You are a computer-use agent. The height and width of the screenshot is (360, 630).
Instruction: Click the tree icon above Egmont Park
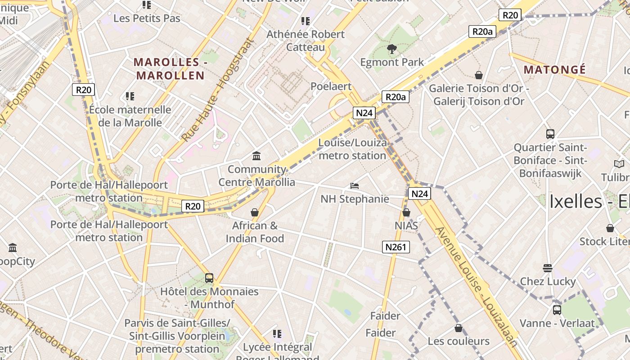click(x=392, y=49)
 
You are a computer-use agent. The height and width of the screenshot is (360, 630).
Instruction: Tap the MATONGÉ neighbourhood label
click(x=555, y=70)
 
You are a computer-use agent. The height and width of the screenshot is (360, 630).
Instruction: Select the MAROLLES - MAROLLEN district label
click(x=170, y=69)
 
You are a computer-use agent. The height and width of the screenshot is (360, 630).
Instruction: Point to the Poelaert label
click(x=331, y=86)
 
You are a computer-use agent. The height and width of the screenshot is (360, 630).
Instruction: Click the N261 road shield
click(x=396, y=247)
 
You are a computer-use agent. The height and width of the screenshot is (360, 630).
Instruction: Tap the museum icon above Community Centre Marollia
click(x=256, y=156)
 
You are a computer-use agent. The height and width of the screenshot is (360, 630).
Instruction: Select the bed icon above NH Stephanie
click(x=355, y=185)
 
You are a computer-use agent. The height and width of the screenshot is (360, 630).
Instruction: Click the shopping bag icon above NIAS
click(x=406, y=212)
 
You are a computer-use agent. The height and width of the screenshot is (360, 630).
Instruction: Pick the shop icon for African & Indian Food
click(x=255, y=212)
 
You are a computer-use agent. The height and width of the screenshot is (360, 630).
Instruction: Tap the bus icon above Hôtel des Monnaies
click(x=209, y=278)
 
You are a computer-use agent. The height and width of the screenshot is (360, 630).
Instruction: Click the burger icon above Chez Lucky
click(x=548, y=268)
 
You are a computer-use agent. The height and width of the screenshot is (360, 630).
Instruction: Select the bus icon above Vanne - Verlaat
click(x=557, y=310)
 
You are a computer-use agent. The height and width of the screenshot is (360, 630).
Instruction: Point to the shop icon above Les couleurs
click(x=459, y=328)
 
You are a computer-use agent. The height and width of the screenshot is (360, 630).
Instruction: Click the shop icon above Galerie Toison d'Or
click(x=479, y=75)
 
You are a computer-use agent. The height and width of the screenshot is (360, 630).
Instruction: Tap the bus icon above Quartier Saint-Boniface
click(x=550, y=134)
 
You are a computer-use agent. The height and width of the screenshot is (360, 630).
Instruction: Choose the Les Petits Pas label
click(x=147, y=18)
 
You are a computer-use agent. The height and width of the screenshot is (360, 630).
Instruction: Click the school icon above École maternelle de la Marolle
click(x=130, y=96)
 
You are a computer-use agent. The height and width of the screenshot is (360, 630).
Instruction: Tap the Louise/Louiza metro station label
click(x=352, y=149)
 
